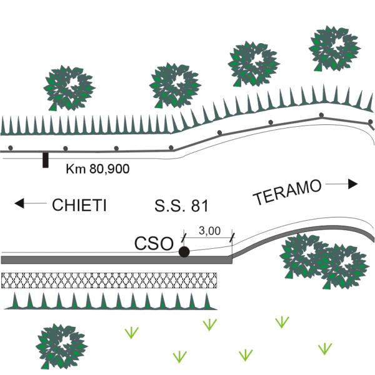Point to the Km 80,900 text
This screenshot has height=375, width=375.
coord(97,169)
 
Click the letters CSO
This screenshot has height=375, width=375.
coord(154,244)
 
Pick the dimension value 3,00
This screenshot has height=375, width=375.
coord(208,230)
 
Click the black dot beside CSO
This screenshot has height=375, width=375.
coord(184,252)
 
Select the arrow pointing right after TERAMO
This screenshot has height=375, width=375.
coord(344,184)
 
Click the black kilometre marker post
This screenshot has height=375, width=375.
coord(45,160)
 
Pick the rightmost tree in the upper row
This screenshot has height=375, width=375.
coord(334,47)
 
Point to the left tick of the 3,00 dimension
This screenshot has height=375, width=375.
coord(184,236)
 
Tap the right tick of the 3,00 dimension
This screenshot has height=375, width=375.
coord(232,236)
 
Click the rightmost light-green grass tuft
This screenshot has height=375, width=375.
coord(324,348)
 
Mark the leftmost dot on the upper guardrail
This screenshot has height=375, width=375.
coord(11,148)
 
